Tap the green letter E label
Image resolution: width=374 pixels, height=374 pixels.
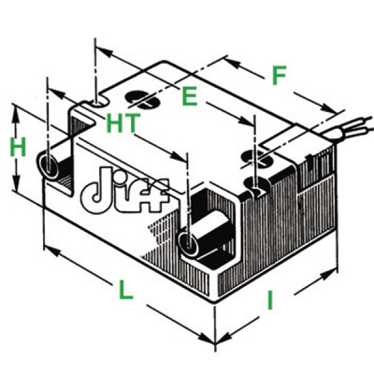coord(189,95)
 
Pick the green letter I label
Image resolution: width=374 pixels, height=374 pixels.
coord(271,301)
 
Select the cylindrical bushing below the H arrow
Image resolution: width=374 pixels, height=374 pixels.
coord(51,165)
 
